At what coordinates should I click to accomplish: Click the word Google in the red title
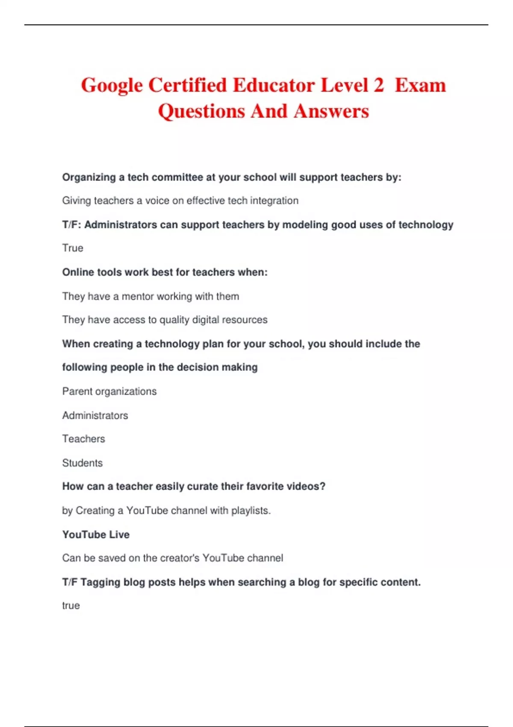tap(112, 86)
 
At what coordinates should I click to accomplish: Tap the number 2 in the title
tap(378, 85)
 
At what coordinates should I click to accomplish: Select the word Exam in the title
tap(420, 85)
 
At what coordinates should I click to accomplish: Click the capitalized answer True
tap(73, 248)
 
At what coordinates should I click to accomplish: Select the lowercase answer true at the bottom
tap(71, 606)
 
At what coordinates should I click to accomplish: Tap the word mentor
tap(138, 296)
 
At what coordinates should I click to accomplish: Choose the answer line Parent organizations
tap(109, 391)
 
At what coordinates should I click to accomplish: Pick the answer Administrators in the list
tap(95, 415)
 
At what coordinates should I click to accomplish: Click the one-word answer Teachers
tap(83, 439)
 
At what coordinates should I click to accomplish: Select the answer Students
tap(83, 463)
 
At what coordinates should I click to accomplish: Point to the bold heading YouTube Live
tap(96, 535)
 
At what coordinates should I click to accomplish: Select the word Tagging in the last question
tap(100, 582)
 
